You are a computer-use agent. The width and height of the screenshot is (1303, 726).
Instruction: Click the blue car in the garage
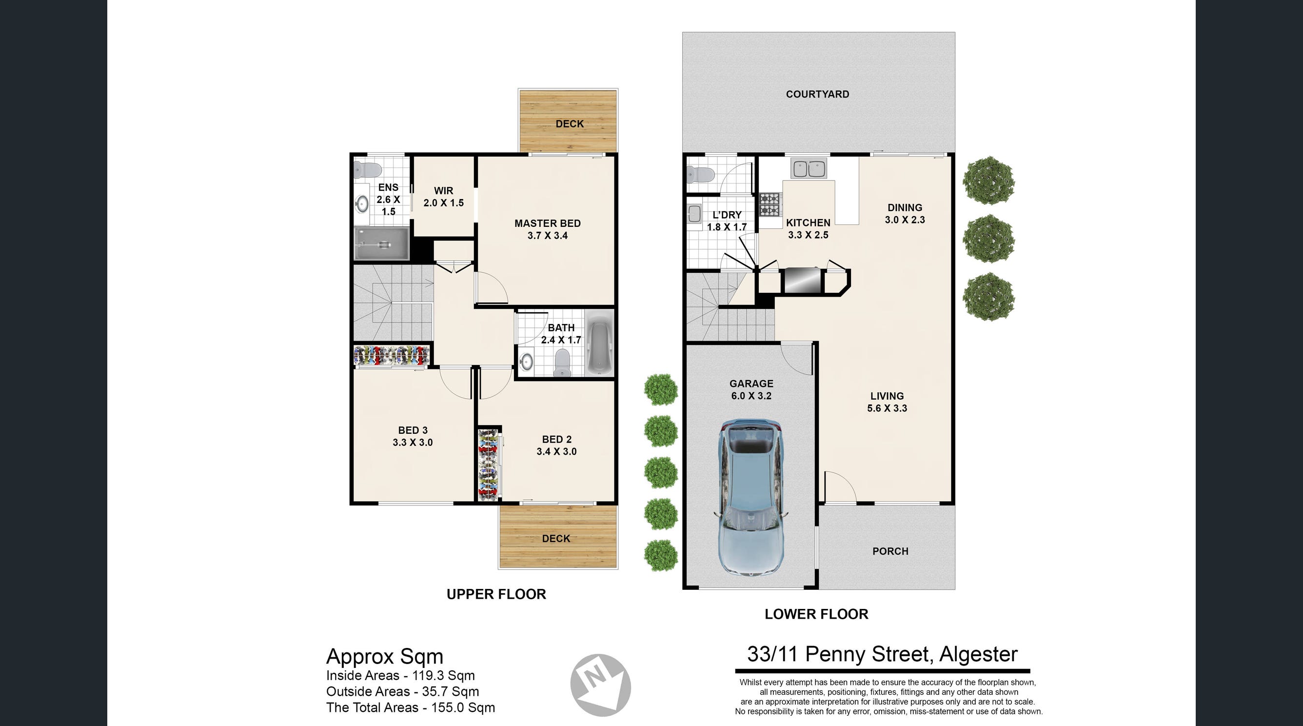click(751, 498)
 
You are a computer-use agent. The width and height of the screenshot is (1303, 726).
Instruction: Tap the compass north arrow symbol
click(600, 685)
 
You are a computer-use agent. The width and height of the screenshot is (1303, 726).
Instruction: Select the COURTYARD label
click(817, 94)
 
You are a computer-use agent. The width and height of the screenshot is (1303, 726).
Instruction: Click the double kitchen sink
click(809, 168)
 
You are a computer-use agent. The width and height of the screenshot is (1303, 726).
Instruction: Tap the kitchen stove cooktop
click(770, 204)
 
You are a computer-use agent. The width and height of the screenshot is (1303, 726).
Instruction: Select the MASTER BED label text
click(547, 223)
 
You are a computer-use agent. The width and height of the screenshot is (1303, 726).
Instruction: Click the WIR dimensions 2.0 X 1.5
click(444, 203)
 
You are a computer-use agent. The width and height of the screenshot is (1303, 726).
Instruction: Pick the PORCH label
click(890, 551)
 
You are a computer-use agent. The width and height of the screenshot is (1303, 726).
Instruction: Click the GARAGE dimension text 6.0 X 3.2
click(751, 396)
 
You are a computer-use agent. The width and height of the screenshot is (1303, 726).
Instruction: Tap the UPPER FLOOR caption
click(496, 594)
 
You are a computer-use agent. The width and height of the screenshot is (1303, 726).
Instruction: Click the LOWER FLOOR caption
click(816, 614)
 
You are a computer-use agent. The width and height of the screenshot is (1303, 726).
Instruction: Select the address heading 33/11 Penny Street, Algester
click(882, 654)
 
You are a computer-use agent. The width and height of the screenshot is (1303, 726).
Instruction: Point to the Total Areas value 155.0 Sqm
click(463, 707)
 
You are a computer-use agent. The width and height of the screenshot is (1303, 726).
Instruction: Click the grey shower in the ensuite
click(381, 244)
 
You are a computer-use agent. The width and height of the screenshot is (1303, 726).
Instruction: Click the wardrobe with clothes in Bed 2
click(489, 465)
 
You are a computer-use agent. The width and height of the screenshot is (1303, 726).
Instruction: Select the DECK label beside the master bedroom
click(570, 124)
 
